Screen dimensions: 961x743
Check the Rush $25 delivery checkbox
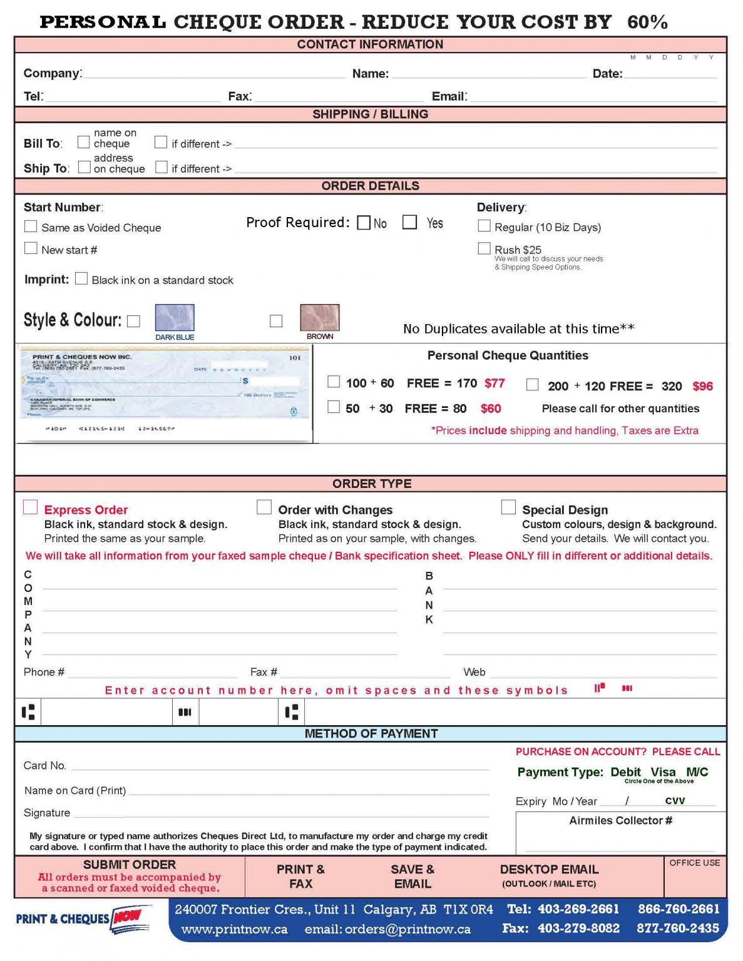(x=484, y=248)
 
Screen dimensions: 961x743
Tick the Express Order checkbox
(x=30, y=507)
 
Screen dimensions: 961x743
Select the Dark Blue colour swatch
(x=175, y=318)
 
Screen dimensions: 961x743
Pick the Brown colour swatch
(x=320, y=318)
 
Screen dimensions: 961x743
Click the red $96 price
(x=702, y=386)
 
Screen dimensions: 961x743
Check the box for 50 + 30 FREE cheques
(x=334, y=407)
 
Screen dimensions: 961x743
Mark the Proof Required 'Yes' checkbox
(x=409, y=223)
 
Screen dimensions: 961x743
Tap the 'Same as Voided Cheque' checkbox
(x=31, y=226)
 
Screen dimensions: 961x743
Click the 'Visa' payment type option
(x=663, y=772)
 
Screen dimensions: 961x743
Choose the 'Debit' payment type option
(x=625, y=772)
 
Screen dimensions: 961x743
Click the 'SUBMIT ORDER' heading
(x=130, y=865)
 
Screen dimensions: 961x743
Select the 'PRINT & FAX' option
(x=300, y=877)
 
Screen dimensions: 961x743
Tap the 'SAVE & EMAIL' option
(x=412, y=877)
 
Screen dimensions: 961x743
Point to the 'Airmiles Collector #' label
(x=620, y=820)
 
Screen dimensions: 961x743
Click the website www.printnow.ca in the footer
(x=235, y=930)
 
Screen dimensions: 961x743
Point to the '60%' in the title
(x=647, y=23)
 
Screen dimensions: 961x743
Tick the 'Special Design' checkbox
(x=508, y=507)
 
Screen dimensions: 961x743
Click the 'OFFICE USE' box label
(x=694, y=863)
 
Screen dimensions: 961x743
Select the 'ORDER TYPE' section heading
(x=372, y=484)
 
